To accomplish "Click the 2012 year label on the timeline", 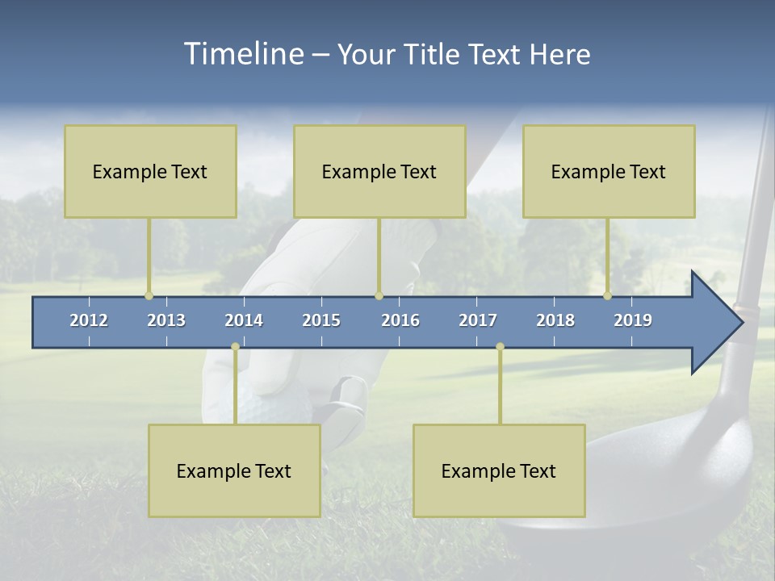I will pos(89,320).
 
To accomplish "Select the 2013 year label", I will pos(166,320).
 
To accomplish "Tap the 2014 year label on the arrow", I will pos(244,320).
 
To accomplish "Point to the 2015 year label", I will pos(321,320).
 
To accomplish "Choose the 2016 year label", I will pos(400,320).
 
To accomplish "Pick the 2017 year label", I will pos(478,320).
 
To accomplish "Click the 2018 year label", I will pos(555,320).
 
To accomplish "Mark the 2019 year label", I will pos(633,320).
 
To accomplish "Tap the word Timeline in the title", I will pos(241,54).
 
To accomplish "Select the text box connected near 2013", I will pos(150,171).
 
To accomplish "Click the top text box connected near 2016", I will pos(379,171).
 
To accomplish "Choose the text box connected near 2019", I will pos(609,171).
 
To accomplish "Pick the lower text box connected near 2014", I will pos(234,470).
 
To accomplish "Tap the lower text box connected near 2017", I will pos(499,470).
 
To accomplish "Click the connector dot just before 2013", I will pos(149,295).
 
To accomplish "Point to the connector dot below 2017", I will pos(500,346).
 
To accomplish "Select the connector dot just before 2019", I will pos(607,295).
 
